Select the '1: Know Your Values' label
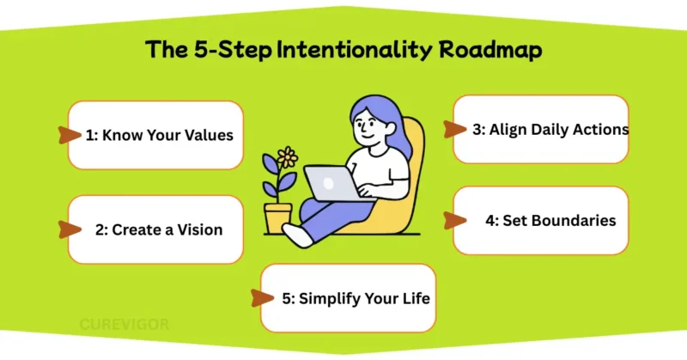pos(159,135)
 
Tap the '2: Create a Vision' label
pos(158,229)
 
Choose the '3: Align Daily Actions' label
pos(550,130)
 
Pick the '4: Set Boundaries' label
pos(550,221)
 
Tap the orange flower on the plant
pos(289,157)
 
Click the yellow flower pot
pos(278,217)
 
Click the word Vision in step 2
pos(199,229)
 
